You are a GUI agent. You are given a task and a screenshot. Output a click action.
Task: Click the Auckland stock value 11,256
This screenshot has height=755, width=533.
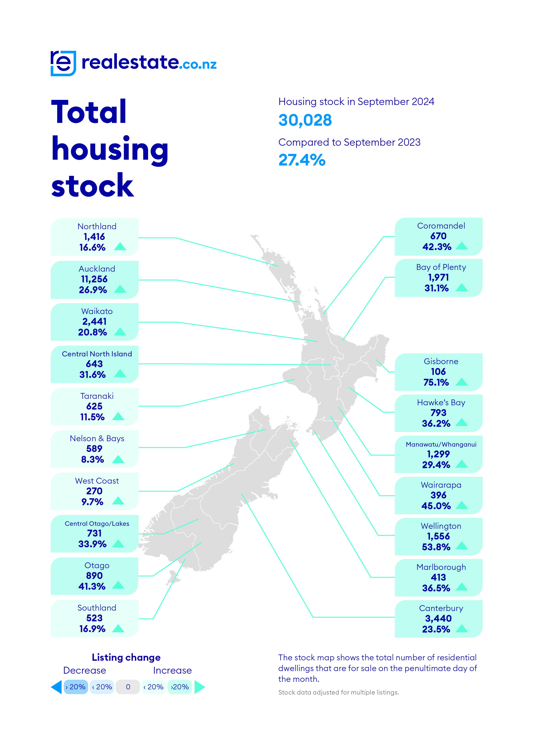94,279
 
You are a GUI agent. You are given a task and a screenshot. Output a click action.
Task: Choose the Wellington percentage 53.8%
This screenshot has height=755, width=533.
436,547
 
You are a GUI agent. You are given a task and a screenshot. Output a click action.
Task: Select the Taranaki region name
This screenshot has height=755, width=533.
97,396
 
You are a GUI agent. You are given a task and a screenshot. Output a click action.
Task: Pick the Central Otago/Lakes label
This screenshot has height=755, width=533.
97,523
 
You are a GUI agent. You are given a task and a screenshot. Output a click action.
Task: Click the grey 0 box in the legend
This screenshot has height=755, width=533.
128,687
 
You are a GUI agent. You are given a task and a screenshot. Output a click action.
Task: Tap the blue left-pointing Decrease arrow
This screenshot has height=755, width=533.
57,687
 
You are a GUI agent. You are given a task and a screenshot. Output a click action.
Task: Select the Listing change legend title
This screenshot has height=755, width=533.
126,657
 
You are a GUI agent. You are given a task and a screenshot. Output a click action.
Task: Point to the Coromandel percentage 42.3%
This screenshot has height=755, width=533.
437,247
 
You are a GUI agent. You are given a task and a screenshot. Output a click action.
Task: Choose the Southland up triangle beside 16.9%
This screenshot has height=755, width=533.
118,628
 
